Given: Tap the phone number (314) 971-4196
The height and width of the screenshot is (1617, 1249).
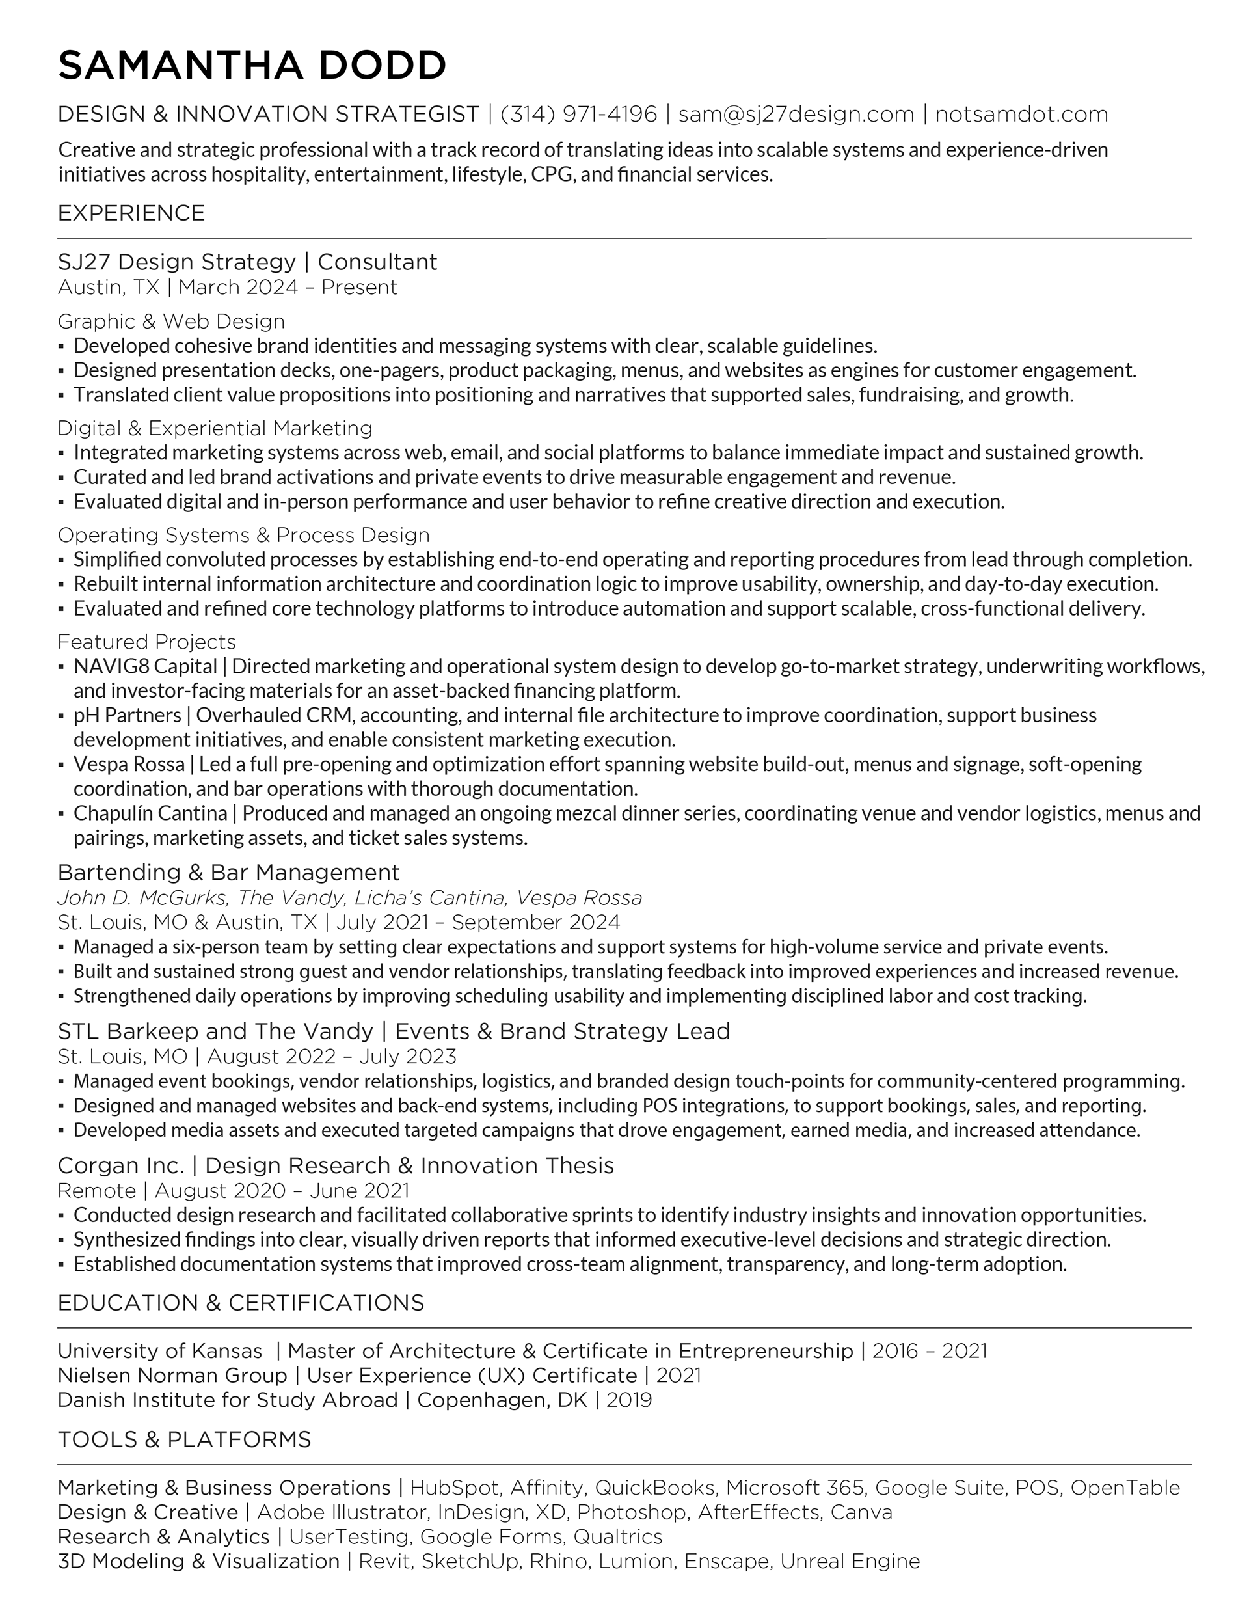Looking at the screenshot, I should click(x=578, y=115).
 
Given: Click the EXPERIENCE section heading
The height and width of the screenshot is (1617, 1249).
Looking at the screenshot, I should click(x=131, y=213).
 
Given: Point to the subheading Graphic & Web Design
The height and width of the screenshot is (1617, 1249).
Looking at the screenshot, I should click(x=171, y=321).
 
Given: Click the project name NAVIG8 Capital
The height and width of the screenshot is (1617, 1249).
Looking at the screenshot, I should click(x=145, y=666).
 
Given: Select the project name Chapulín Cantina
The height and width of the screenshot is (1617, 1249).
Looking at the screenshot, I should click(x=150, y=813).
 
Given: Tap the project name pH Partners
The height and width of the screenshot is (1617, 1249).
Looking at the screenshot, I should click(x=128, y=715).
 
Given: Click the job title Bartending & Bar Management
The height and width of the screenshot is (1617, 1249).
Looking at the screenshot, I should click(x=228, y=872).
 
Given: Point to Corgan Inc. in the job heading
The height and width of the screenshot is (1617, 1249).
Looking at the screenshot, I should click(x=121, y=1165).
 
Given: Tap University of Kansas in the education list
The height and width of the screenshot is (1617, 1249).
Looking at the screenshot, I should click(x=159, y=1352).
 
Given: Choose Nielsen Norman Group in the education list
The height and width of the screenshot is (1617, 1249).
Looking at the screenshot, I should click(x=172, y=1376).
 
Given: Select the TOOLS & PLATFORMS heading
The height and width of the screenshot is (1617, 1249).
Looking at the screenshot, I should click(x=183, y=1439).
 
